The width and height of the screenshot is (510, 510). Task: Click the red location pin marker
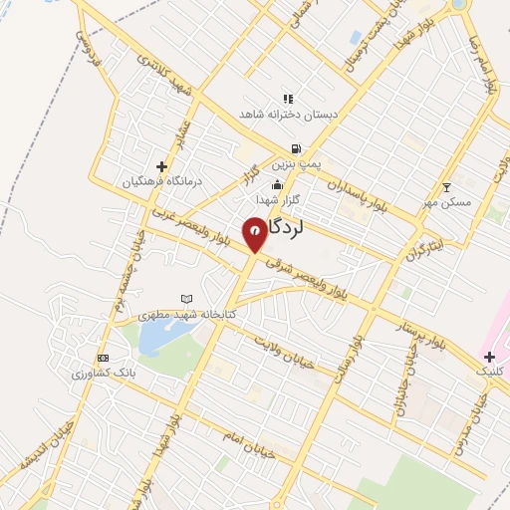(x=255, y=233)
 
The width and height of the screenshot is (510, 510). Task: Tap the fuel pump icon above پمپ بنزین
(x=297, y=148)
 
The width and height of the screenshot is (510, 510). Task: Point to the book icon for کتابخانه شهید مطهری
(x=186, y=298)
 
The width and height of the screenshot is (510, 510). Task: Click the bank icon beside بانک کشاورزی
(x=102, y=358)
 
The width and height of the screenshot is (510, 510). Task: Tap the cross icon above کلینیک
(x=489, y=356)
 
